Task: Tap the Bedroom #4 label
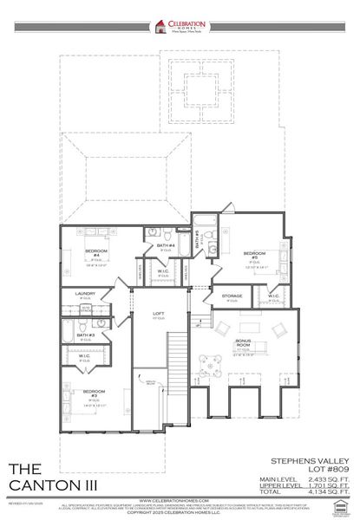(95, 253)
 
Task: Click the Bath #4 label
(166, 245)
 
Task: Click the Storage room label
(232, 296)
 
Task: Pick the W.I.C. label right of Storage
(273, 296)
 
